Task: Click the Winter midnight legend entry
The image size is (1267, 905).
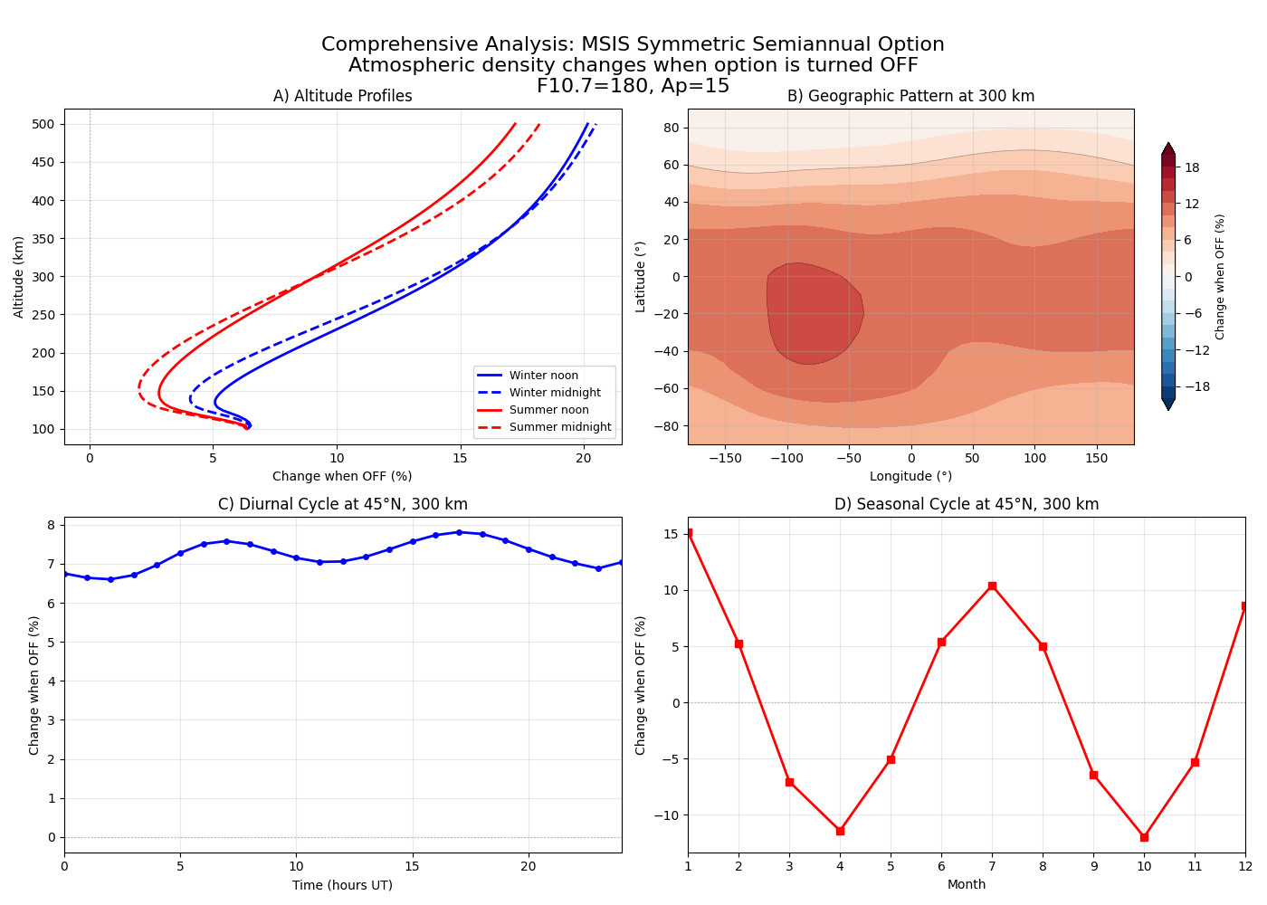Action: click(x=554, y=393)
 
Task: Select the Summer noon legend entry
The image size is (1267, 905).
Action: click(x=548, y=410)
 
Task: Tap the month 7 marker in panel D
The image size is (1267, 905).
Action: click(x=992, y=586)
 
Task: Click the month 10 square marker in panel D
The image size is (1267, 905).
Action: click(x=1144, y=837)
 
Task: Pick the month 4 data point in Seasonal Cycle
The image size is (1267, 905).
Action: click(x=840, y=831)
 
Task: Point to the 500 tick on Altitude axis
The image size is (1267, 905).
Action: click(x=45, y=124)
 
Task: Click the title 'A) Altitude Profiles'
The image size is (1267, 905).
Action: click(x=343, y=96)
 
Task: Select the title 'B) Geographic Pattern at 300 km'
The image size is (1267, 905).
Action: click(x=910, y=96)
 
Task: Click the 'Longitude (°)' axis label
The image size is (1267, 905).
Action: click(x=910, y=476)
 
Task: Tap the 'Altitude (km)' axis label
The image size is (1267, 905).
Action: click(x=19, y=277)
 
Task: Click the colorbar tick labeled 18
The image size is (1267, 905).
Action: click(x=1193, y=167)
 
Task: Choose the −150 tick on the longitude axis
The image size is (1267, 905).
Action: click(x=725, y=459)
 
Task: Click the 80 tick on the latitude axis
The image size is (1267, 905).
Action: click(x=672, y=128)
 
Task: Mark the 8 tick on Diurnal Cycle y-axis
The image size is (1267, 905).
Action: click(x=52, y=525)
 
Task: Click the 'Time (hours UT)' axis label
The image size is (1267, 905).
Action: click(x=342, y=885)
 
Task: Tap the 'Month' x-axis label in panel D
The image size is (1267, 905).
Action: click(x=967, y=884)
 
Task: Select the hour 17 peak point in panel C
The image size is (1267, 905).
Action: click(x=459, y=532)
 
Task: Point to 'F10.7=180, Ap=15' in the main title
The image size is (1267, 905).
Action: click(x=633, y=86)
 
